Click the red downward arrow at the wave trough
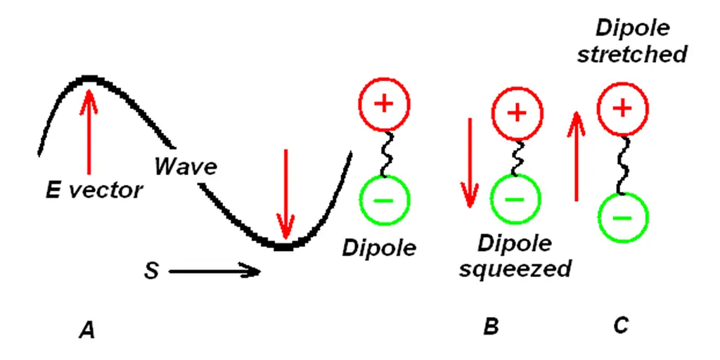[x=284, y=193]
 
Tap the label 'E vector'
[x=94, y=190]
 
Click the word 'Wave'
[x=186, y=167]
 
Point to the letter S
[x=151, y=271]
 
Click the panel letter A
[x=86, y=329]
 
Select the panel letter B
[x=491, y=326]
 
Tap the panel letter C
[x=621, y=326]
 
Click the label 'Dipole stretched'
[x=631, y=41]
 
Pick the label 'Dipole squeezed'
[x=515, y=256]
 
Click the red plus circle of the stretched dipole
[x=622, y=108]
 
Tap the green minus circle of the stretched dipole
[x=622, y=216]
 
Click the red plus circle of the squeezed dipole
[x=516, y=112]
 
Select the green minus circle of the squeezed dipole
[x=515, y=198]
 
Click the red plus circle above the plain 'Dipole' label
[x=384, y=105]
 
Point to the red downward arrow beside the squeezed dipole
[x=470, y=162]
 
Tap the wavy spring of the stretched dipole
[x=623, y=162]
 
